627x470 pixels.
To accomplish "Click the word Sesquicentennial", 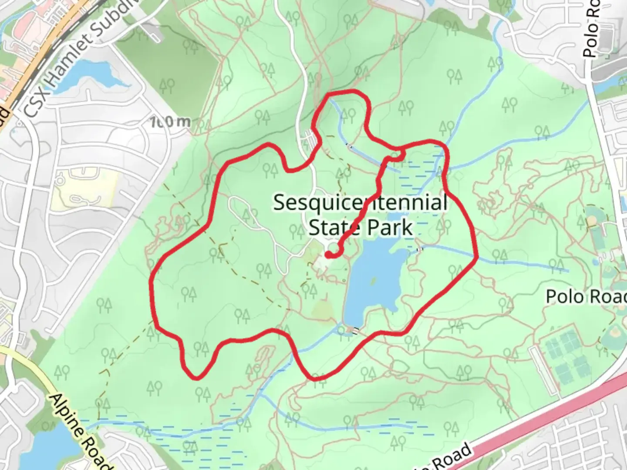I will (x=360, y=203).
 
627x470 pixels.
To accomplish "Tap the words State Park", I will (x=360, y=227).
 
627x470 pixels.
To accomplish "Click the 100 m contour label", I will (x=169, y=122).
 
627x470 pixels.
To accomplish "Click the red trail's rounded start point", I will (x=327, y=255).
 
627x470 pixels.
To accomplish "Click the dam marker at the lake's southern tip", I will (x=353, y=331).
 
